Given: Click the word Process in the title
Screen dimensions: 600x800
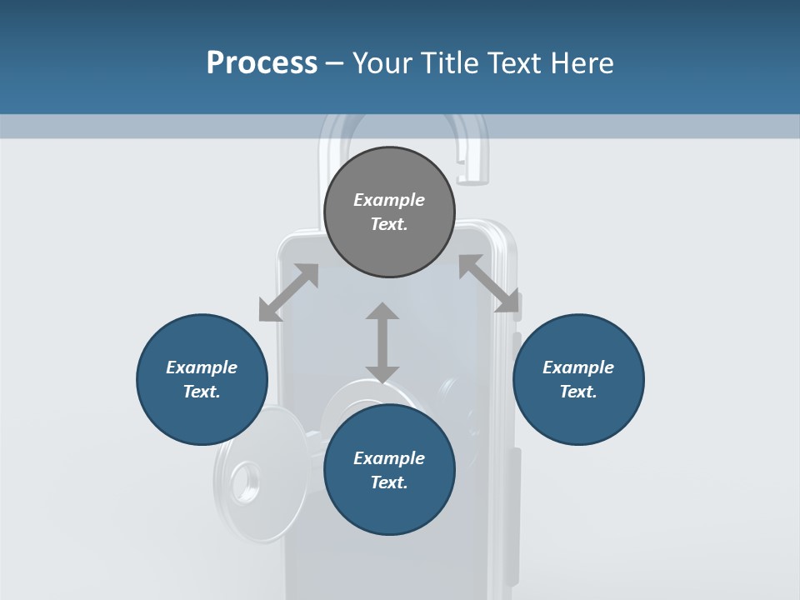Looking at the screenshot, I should (262, 63).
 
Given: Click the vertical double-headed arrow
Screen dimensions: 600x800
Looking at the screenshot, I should (382, 342).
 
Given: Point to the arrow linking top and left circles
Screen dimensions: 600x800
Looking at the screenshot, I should (288, 292).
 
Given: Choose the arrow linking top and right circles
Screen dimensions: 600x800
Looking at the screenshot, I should (489, 283).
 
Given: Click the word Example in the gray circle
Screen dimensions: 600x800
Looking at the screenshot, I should (389, 200).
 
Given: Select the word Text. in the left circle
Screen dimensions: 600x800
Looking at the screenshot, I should (202, 392).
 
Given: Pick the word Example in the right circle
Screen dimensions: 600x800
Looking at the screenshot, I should (578, 367).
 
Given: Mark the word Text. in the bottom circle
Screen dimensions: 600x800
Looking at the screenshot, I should (389, 482).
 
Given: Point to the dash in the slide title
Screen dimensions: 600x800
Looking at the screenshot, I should (335, 63).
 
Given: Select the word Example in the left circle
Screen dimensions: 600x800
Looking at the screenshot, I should (202, 367).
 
